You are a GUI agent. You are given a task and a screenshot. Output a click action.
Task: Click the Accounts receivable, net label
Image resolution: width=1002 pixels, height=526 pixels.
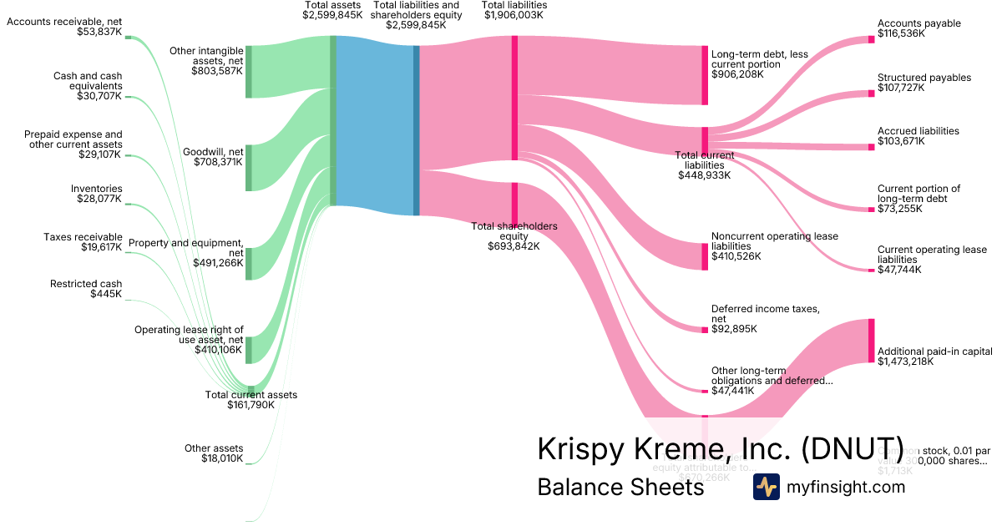64,21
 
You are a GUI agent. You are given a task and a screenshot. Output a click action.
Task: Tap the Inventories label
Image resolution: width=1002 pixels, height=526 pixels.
96,189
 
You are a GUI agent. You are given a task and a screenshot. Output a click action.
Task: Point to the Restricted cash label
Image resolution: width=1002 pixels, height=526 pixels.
86,284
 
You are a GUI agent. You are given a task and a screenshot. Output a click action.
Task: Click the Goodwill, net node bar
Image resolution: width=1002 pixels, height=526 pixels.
248,167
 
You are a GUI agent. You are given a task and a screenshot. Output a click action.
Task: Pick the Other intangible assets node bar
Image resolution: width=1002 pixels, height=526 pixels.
248,72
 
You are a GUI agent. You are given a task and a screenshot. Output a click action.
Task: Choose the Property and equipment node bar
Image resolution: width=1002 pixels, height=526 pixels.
248,263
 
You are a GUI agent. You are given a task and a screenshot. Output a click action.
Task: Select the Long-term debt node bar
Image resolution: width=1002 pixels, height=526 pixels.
705,75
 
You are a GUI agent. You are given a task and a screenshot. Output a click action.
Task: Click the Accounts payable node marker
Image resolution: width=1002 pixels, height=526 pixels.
871,38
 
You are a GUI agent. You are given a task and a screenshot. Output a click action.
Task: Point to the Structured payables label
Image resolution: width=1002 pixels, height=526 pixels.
924,78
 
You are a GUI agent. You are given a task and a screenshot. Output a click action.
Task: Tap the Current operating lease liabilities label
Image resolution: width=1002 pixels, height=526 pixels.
932,250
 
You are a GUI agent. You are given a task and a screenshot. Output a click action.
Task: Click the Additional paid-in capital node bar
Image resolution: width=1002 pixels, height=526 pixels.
871,341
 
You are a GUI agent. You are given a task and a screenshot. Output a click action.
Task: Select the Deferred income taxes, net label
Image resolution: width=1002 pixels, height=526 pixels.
765,309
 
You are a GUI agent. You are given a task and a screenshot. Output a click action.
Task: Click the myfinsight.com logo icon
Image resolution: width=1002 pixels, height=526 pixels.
766,487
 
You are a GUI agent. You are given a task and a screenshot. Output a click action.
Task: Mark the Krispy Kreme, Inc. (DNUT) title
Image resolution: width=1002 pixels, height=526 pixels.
720,448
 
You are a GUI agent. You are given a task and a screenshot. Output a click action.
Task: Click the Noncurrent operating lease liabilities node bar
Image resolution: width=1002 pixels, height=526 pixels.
705,256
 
